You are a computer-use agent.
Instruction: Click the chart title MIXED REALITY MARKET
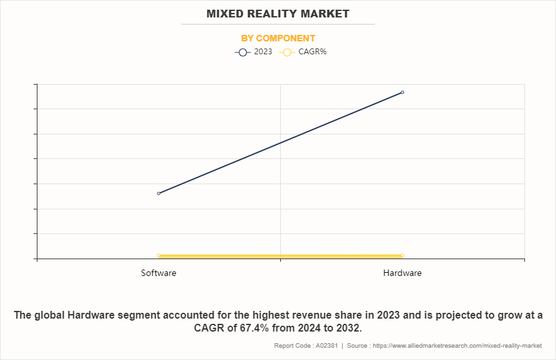click(278, 14)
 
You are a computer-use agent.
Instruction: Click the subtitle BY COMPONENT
click(278, 38)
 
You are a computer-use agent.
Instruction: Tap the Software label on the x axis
click(159, 273)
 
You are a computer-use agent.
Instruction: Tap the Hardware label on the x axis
click(402, 273)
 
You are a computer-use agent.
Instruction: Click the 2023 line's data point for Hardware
click(402, 92)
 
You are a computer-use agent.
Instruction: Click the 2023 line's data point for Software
click(159, 193)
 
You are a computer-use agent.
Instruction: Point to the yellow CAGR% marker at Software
click(159, 256)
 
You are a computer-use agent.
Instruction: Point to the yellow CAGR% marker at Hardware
click(402, 256)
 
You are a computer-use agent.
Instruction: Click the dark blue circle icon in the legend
click(243, 52)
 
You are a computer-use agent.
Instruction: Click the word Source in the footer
click(359, 346)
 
